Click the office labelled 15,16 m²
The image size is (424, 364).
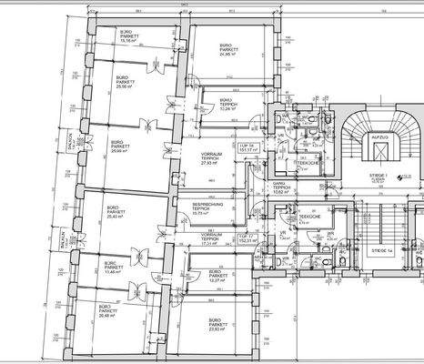click(126, 35)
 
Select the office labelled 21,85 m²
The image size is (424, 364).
click(225, 50)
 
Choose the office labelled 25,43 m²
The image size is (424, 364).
click(114, 213)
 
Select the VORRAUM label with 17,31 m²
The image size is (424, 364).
click(211, 239)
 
